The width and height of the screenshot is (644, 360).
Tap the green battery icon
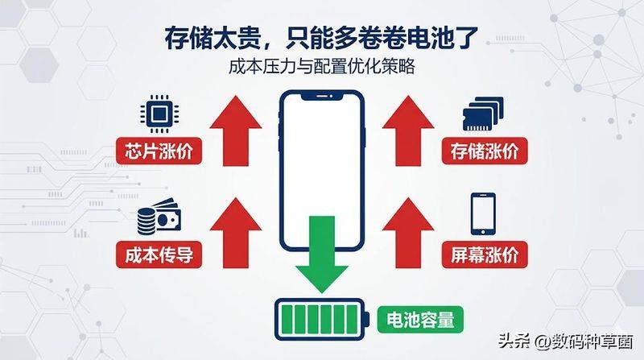(322, 319)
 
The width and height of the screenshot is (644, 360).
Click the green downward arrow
(322, 253)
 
